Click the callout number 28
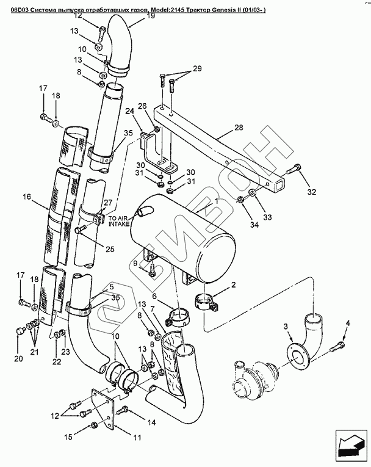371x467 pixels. [239, 128]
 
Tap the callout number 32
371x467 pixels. [311, 192]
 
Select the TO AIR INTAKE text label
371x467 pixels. [120, 221]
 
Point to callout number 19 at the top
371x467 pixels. [151, 16]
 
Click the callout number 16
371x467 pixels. [27, 197]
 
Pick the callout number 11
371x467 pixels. [137, 438]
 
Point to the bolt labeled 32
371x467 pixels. [294, 170]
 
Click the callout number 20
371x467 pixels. [18, 359]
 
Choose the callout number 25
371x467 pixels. [110, 249]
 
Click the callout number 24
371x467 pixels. [129, 111]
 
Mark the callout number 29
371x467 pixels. [197, 69]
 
